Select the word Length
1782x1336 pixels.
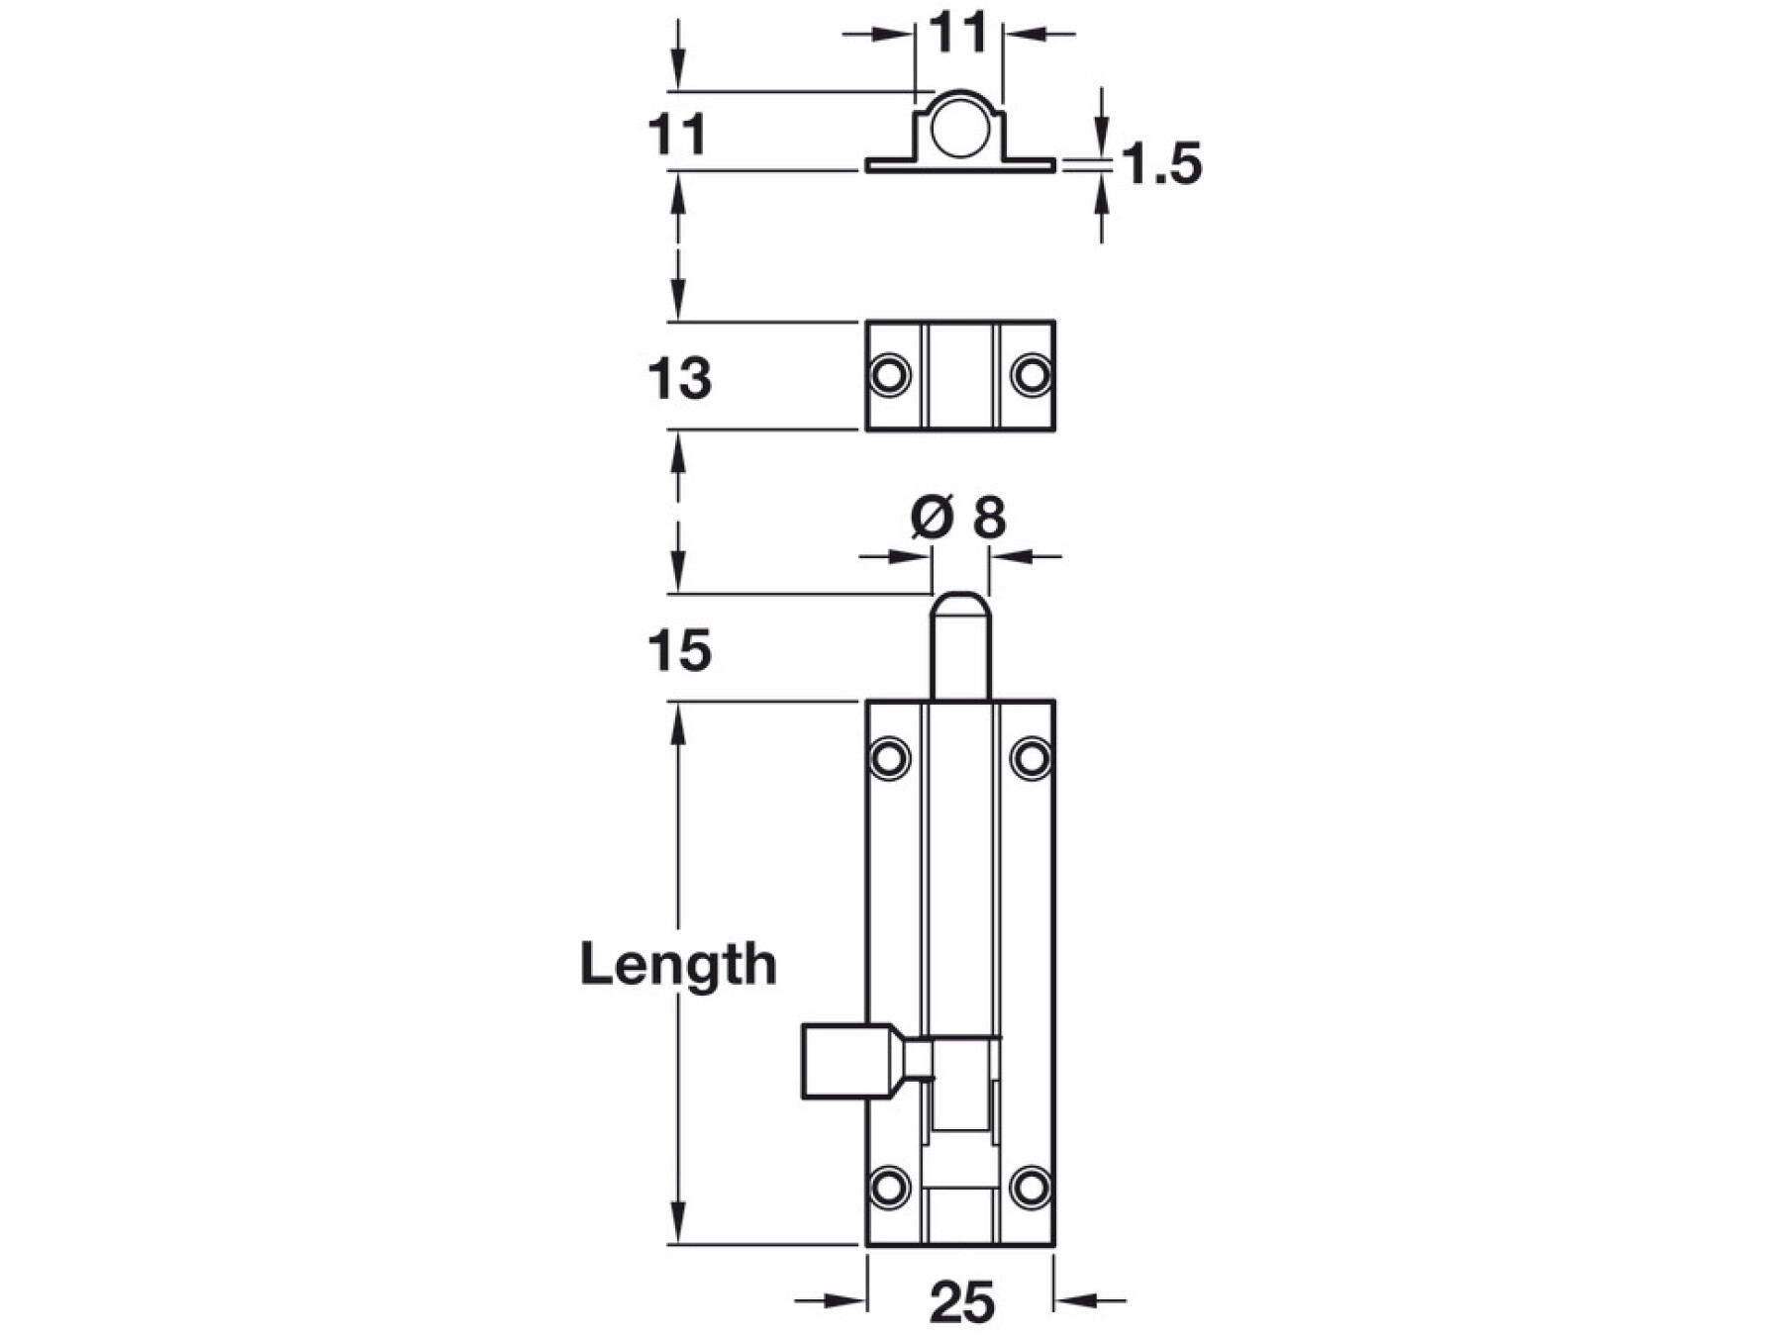[678, 964]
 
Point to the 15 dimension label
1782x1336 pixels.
[679, 651]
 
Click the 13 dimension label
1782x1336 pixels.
[679, 379]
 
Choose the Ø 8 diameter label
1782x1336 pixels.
[958, 517]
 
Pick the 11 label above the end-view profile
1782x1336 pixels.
[958, 33]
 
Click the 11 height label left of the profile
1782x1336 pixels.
[678, 135]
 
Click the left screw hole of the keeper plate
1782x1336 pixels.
[889, 376]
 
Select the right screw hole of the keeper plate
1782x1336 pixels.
[1032, 376]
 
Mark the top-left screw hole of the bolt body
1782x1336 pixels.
[889, 759]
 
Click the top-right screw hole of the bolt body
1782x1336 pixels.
[1032, 759]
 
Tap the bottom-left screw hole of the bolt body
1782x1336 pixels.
[889, 1187]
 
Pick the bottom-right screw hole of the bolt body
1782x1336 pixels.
[1032, 1187]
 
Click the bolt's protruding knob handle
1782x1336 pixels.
[850, 1062]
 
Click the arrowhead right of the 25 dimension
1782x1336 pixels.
[1073, 1300]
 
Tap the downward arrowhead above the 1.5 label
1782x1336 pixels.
[1101, 138]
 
